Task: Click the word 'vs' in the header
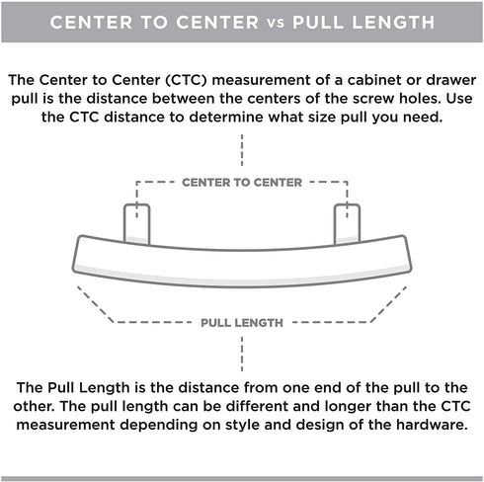tap(276, 23)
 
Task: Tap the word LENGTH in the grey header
tap(393, 23)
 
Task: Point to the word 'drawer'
tap(451, 80)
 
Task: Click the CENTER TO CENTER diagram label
tap(242, 183)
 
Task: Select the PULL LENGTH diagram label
tap(242, 323)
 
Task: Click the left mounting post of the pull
tap(137, 224)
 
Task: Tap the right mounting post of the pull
tap(347, 224)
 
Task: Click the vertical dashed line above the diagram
tap(242, 150)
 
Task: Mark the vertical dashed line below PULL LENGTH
tap(242, 354)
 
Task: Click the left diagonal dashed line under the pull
tap(96, 304)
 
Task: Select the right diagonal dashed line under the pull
tap(388, 304)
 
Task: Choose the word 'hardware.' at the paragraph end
tap(432, 425)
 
